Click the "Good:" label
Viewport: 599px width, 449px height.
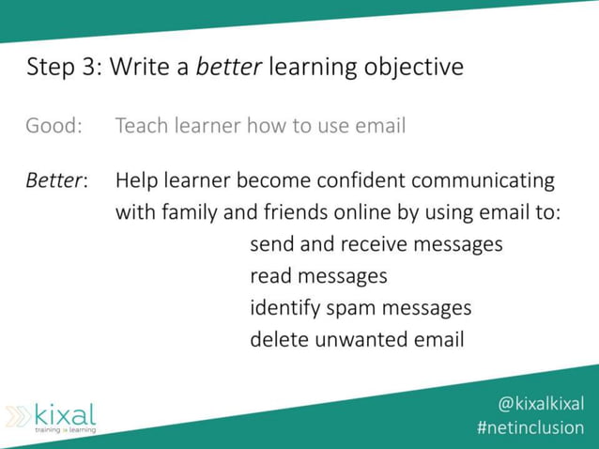pos(54,125)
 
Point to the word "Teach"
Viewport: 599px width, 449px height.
pos(139,125)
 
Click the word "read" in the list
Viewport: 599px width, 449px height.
pos(270,276)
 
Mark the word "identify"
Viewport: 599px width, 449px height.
pos(284,308)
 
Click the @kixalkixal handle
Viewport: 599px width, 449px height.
pos(540,404)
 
